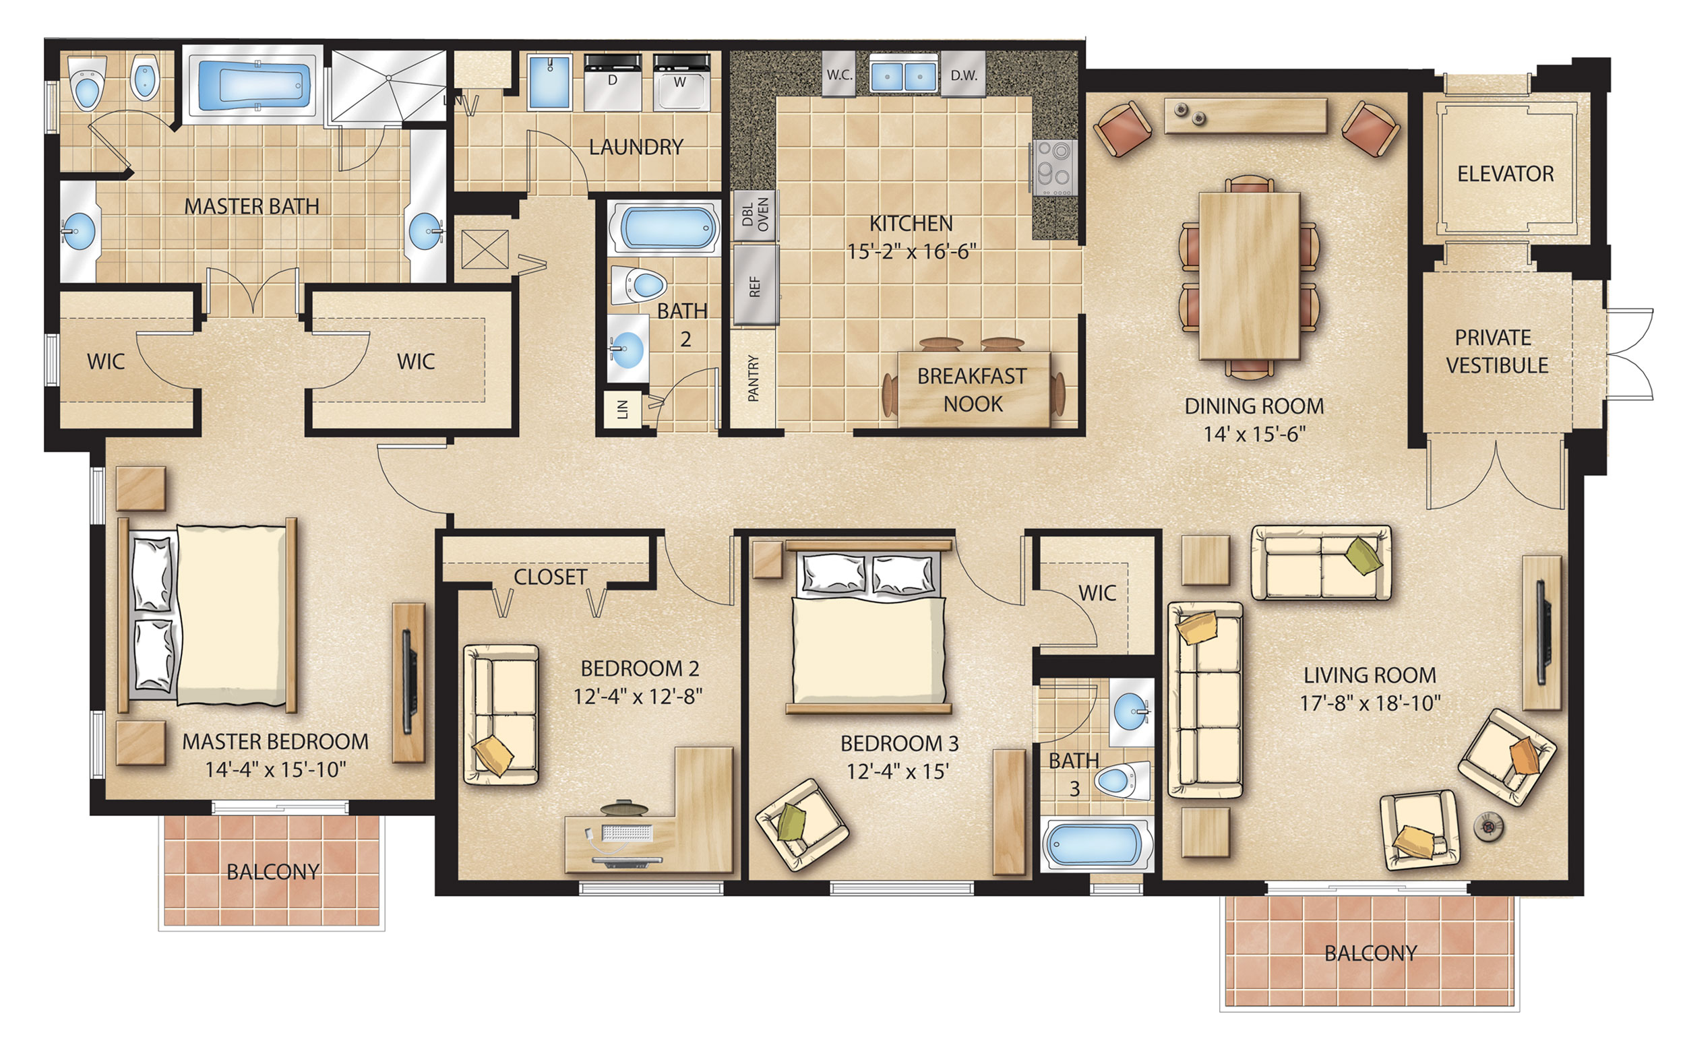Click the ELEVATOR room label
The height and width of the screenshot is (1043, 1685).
pyautogui.click(x=1504, y=174)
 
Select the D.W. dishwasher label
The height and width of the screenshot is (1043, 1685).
pyautogui.click(x=963, y=76)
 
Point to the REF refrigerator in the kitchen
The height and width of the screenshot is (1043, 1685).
pyautogui.click(x=755, y=286)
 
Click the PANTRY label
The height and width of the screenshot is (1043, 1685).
pyautogui.click(x=753, y=378)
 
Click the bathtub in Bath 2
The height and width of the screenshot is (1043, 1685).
pyautogui.click(x=664, y=229)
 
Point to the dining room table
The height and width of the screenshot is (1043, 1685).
pyautogui.click(x=1249, y=276)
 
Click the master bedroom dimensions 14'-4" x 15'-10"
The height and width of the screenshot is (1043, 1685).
pyautogui.click(x=274, y=769)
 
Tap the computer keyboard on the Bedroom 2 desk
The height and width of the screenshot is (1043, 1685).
pyautogui.click(x=626, y=833)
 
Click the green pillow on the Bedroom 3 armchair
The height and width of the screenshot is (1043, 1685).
pyautogui.click(x=791, y=821)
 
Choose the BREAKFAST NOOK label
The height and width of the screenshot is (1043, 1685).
pyautogui.click(x=971, y=389)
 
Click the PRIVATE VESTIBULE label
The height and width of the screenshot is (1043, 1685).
pyautogui.click(x=1496, y=351)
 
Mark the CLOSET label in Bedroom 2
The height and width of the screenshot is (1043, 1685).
pyautogui.click(x=550, y=577)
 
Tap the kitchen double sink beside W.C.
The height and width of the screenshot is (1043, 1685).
pyautogui.click(x=902, y=76)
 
